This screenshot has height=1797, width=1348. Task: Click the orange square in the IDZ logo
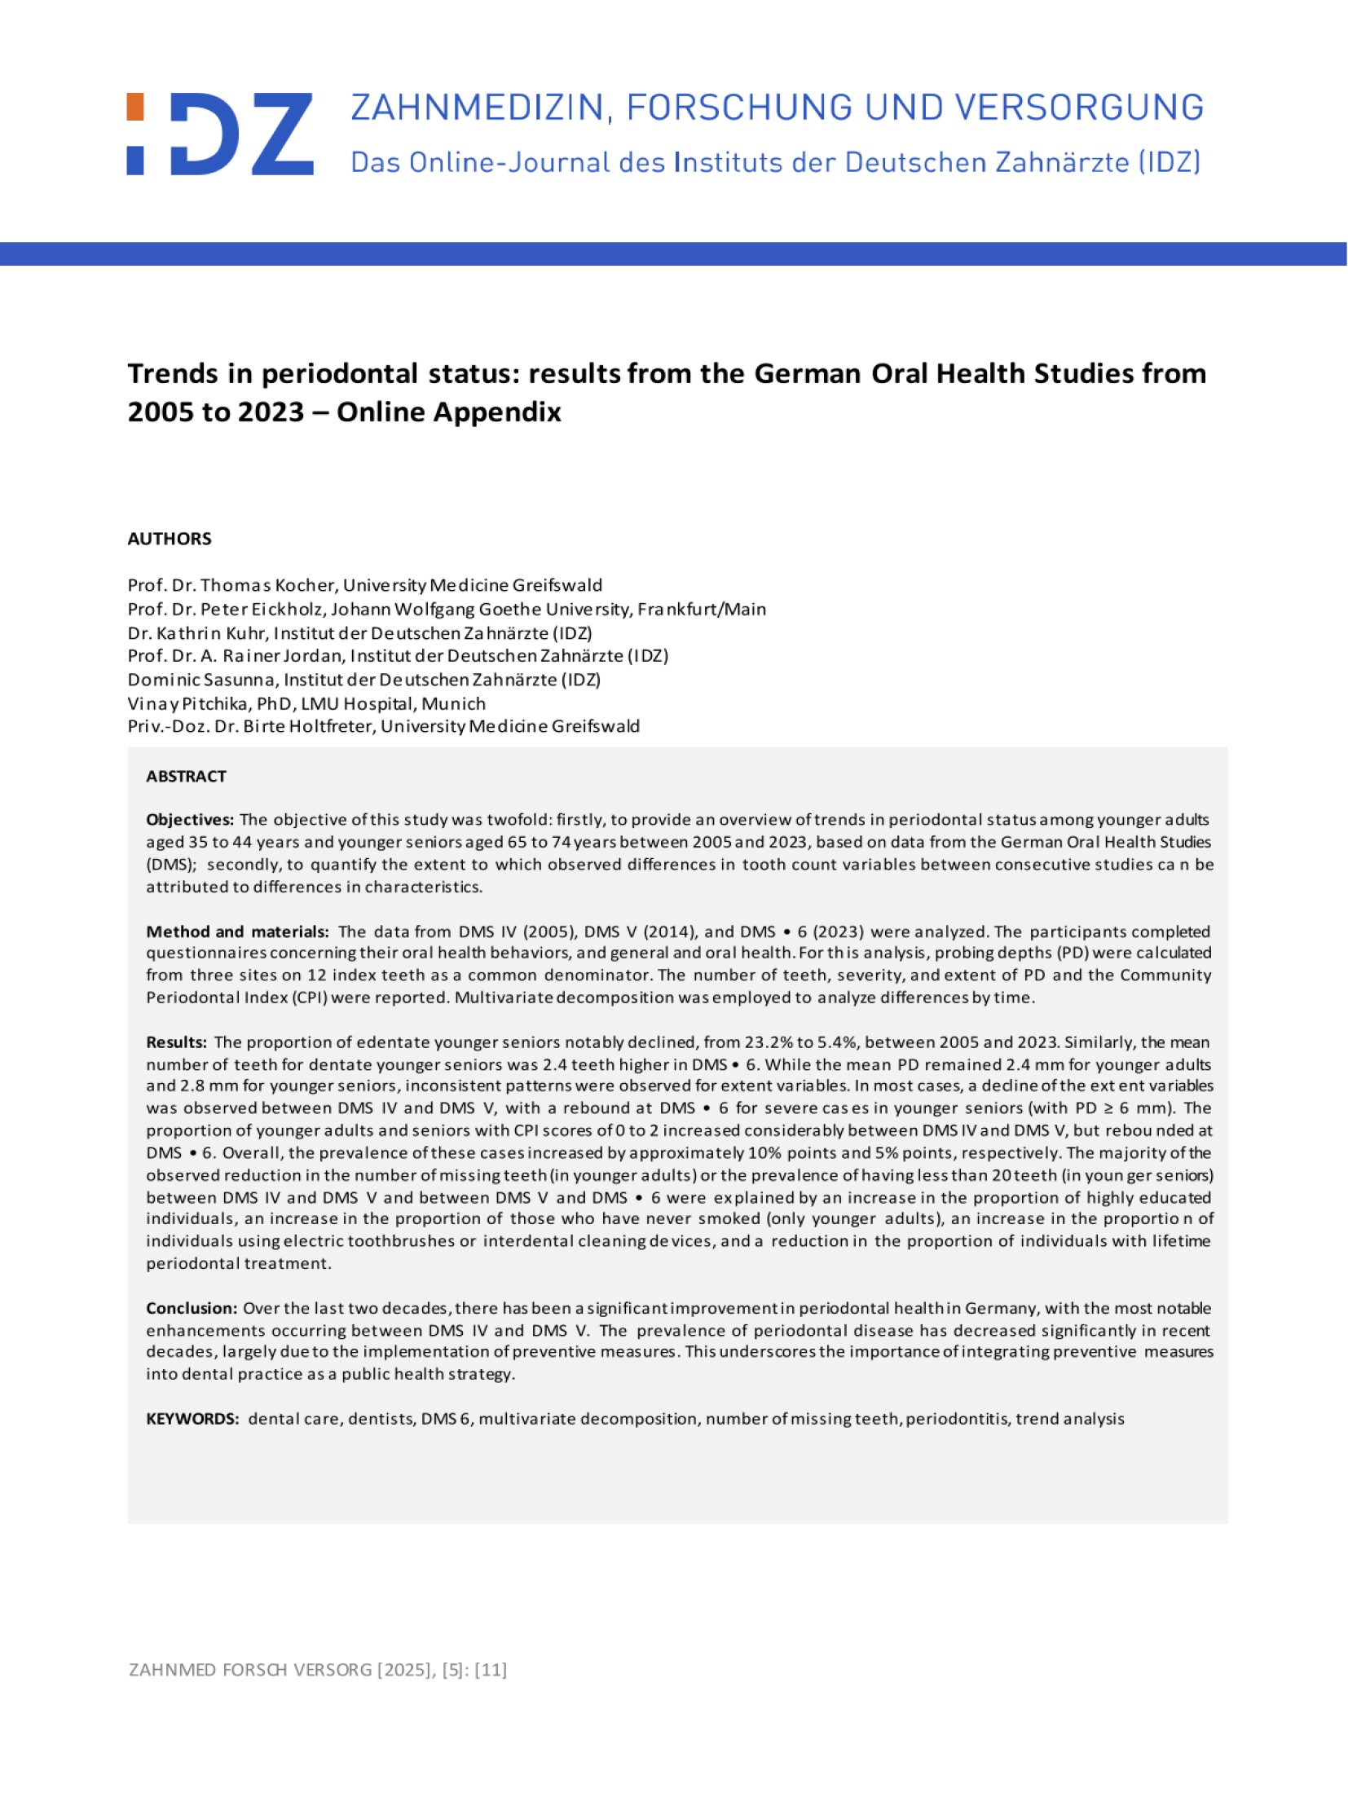135,107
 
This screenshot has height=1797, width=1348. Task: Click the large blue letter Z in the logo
282,134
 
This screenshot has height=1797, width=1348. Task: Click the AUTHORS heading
170,539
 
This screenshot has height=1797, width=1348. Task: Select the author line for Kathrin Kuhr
359,632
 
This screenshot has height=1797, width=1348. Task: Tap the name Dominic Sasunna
200,679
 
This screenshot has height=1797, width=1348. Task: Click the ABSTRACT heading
186,776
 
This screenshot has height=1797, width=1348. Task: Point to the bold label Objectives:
190,820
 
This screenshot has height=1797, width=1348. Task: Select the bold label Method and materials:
237,932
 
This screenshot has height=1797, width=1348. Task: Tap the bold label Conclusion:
192,1308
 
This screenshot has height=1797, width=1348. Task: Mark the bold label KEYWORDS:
192,1419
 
